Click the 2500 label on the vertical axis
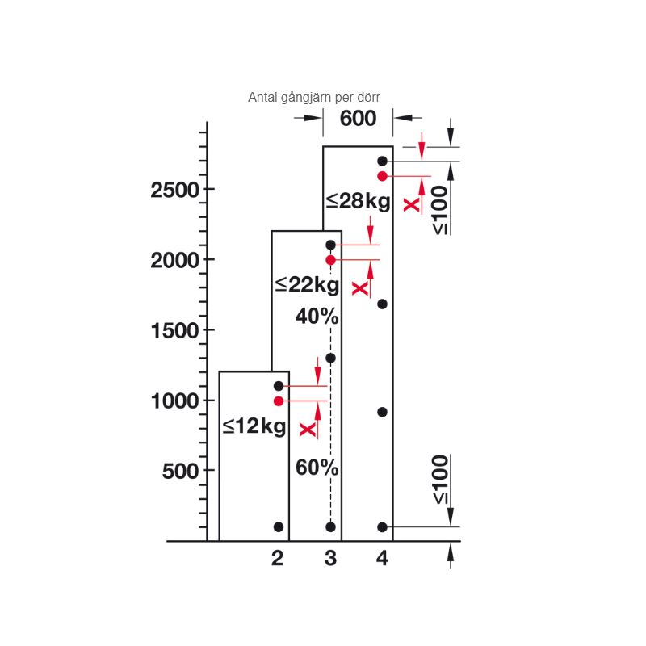[174, 191]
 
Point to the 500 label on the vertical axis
[181, 471]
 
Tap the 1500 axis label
[175, 331]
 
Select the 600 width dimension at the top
[358, 118]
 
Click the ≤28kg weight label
[358, 201]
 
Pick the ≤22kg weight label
[308, 285]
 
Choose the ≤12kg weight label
[254, 426]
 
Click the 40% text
[317, 317]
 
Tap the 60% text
[317, 468]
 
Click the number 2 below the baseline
[277, 558]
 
